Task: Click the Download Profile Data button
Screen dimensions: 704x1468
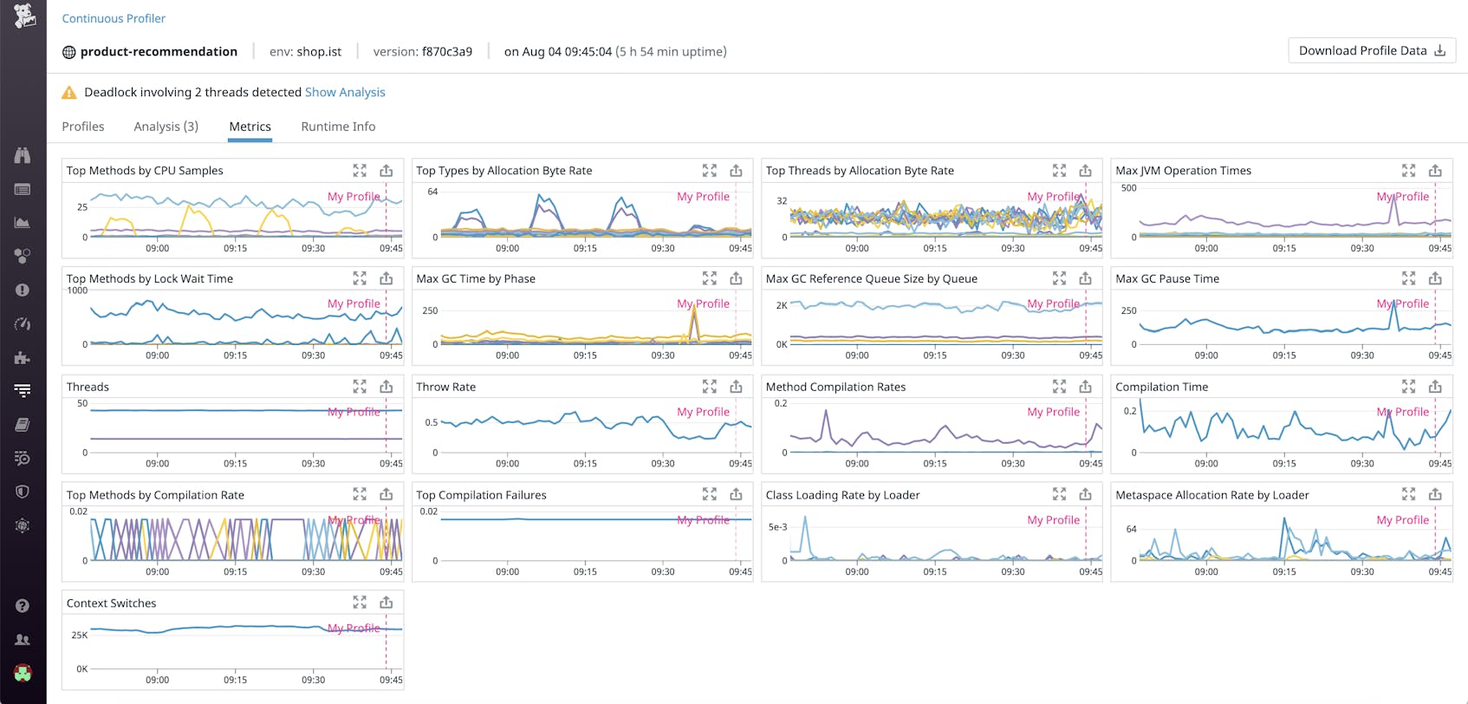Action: [1371, 51]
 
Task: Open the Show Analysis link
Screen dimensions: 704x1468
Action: [345, 92]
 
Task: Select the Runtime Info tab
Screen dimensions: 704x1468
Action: [338, 127]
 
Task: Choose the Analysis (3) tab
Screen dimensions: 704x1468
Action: [166, 127]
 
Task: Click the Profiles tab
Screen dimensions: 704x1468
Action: [83, 127]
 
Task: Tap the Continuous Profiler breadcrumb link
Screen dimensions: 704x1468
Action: [114, 18]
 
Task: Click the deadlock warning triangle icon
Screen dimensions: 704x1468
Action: [69, 93]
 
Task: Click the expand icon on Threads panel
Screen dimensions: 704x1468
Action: [360, 387]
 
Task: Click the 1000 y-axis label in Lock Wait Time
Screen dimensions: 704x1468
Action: [77, 290]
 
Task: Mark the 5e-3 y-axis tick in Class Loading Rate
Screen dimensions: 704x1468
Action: [777, 527]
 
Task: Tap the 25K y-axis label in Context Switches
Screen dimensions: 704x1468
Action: [79, 636]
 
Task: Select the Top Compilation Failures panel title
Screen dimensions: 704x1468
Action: [481, 495]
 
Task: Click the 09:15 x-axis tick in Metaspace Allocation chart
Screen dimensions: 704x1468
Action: [1284, 571]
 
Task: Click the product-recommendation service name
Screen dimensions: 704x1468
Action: [159, 52]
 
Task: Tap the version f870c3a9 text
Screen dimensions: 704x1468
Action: [423, 52]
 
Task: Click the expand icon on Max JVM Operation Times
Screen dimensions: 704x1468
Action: [1408, 171]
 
